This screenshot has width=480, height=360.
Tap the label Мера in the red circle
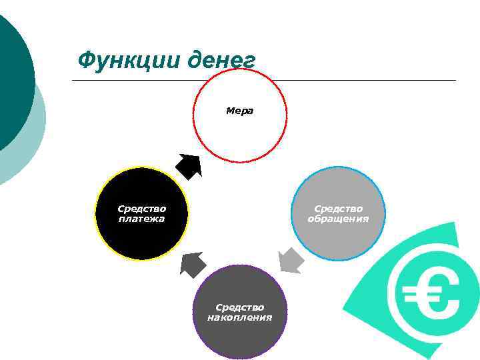pos(240,111)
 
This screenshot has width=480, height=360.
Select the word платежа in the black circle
pos(141,219)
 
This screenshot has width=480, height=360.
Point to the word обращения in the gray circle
pos(339,219)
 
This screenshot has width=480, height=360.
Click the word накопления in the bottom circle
pos(240,317)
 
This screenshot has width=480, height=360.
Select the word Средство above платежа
pos(141,209)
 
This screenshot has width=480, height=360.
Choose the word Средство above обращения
pos(339,209)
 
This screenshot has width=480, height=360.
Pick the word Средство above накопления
pos(240,307)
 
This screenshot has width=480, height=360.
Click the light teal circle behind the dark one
pos(33,147)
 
